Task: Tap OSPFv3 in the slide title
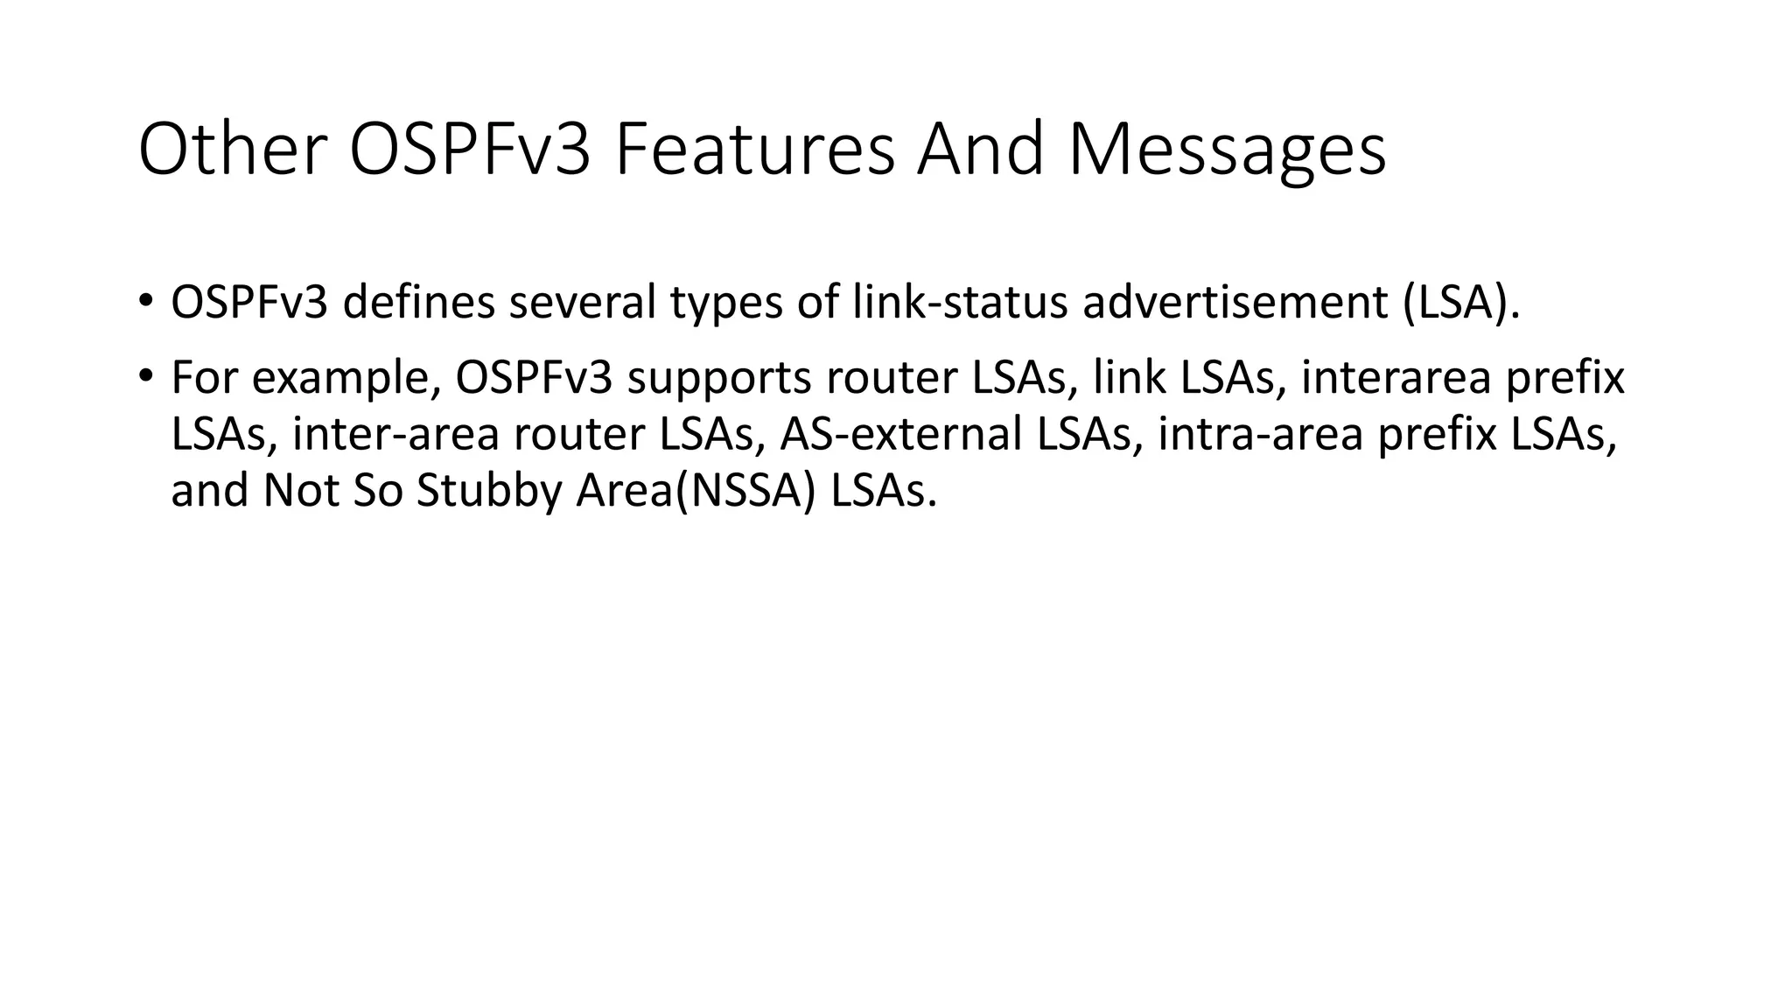click(x=470, y=150)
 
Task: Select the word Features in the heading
click(x=754, y=150)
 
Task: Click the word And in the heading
click(x=981, y=150)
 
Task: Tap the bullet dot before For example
click(x=144, y=375)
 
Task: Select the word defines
click(x=418, y=303)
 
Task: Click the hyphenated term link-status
click(x=960, y=303)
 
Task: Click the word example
click(x=345, y=378)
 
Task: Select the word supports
click(x=720, y=378)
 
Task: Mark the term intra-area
click(x=1261, y=434)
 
